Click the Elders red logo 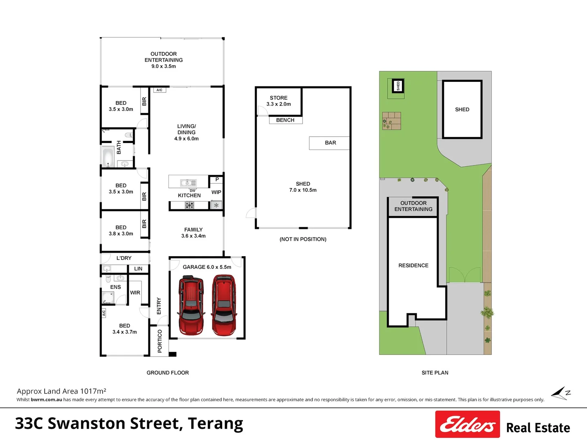tap(468, 424)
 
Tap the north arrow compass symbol tap(561, 393)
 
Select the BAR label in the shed tap(331, 143)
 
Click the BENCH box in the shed tap(286, 120)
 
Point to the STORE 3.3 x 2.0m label tap(279, 101)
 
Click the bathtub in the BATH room tap(108, 157)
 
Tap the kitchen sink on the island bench tap(188, 183)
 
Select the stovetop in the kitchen tap(189, 205)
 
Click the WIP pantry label tap(216, 192)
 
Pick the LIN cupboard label tap(138, 269)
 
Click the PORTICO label tap(160, 341)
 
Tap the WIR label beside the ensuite tap(135, 293)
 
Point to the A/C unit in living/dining tap(160, 90)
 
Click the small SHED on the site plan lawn tap(398, 86)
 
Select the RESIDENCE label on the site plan tap(413, 265)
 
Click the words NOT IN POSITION tap(303, 239)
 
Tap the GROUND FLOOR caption tap(168, 372)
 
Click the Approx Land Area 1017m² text tap(62, 391)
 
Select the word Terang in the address tap(215, 424)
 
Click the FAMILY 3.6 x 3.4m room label tap(193, 233)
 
